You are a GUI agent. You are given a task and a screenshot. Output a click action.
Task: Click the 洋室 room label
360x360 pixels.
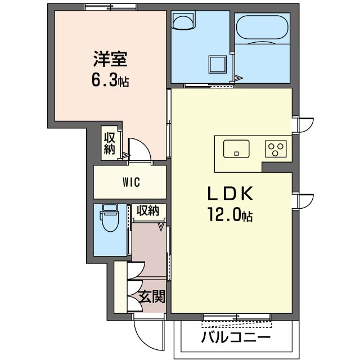click(x=110, y=59)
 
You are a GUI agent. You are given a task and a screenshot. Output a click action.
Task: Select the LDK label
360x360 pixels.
click(x=230, y=193)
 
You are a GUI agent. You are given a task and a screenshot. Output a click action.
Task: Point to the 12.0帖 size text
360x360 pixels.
click(x=230, y=214)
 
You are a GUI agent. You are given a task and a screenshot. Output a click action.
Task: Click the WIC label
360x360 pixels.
click(x=131, y=182)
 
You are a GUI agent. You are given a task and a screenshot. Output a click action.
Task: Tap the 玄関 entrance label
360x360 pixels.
click(x=152, y=296)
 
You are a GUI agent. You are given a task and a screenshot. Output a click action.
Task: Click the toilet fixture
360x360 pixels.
click(x=110, y=218)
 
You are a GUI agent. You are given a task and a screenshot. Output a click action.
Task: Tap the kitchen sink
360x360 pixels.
click(x=236, y=148)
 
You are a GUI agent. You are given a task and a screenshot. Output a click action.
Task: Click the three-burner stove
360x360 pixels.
click(x=276, y=148)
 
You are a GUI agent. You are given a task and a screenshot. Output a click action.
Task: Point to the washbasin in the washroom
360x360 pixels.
click(x=183, y=21)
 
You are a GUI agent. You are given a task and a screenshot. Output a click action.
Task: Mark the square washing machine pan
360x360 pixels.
click(x=217, y=65)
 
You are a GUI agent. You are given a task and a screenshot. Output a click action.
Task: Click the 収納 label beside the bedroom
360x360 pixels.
click(x=109, y=143)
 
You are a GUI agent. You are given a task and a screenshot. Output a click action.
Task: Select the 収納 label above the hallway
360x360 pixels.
click(x=148, y=210)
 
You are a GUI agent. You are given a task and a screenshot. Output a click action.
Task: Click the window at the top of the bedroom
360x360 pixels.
click(x=111, y=7)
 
